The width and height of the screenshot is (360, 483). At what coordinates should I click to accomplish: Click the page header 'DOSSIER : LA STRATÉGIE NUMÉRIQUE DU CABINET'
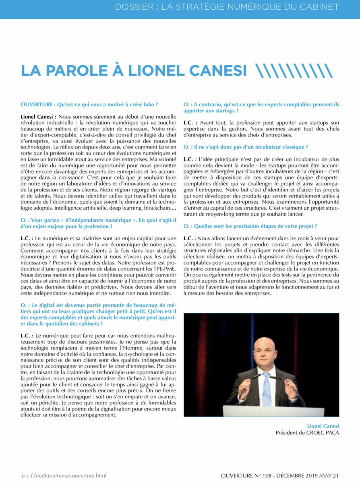pyautogui.click(x=227, y=7)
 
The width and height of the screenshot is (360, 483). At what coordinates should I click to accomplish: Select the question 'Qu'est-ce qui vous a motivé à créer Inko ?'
pyautogui.click(x=89, y=104)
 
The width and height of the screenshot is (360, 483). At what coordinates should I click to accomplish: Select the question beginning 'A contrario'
pyautogui.click(x=261, y=107)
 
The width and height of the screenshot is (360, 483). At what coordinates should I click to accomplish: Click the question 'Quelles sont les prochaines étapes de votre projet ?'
pyautogui.click(x=250, y=226)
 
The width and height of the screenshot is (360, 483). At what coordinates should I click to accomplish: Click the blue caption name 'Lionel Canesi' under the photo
pyautogui.click(x=323, y=426)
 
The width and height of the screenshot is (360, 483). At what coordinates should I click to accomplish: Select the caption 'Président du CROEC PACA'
pyautogui.click(x=307, y=433)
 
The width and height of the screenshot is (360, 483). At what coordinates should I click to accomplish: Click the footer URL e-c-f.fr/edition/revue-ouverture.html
pyautogui.click(x=64, y=476)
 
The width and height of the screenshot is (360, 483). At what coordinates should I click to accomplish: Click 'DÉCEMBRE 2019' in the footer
pyautogui.click(x=298, y=476)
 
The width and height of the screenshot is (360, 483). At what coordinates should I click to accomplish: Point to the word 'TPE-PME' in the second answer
pyautogui.click(x=164, y=268)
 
